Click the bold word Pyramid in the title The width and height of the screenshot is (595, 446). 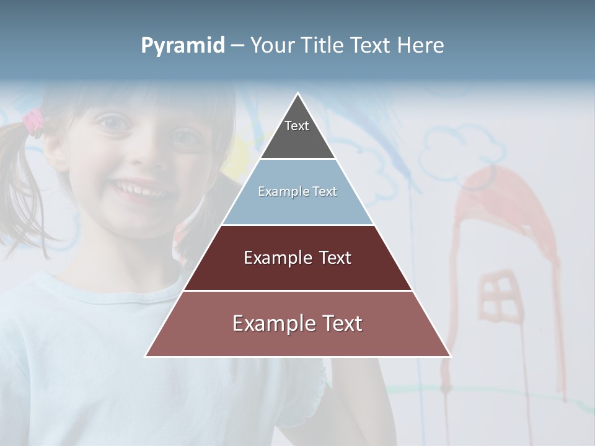(x=182, y=46)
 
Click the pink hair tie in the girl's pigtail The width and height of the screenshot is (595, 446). (x=32, y=121)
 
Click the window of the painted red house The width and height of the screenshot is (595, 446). (x=498, y=297)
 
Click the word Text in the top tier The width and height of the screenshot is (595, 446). (x=297, y=126)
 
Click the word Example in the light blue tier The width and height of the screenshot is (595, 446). (x=277, y=191)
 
